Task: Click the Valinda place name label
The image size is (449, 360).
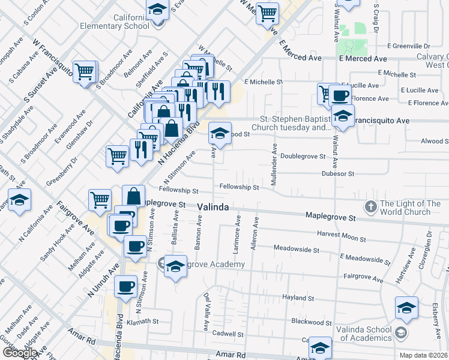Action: coord(212,207)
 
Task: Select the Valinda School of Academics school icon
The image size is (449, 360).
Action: coord(401,332)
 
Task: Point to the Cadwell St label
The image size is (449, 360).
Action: coord(231,334)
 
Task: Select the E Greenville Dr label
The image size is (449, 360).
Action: coord(409,46)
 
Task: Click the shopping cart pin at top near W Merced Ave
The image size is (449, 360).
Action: coord(267,13)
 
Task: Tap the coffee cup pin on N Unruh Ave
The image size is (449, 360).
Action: coord(126,287)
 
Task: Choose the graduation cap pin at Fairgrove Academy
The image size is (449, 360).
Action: coord(175,266)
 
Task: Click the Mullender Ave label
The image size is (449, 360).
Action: coord(274,164)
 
